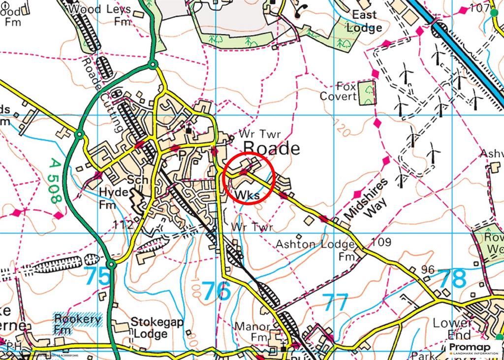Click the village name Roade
(x=272, y=148)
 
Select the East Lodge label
(x=364, y=21)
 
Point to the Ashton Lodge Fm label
(x=315, y=250)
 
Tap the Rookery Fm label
(x=77, y=324)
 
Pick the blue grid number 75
(x=98, y=276)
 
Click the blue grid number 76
(x=217, y=291)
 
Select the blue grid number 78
(x=452, y=279)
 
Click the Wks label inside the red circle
(x=248, y=196)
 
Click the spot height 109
(x=381, y=242)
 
